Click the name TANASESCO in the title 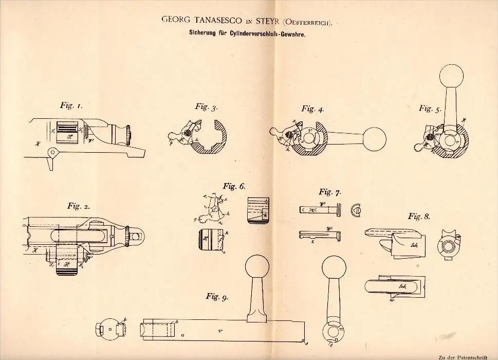pos(211,22)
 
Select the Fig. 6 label pos(233,186)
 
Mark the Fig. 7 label pos(329,192)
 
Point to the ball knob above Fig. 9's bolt pos(256,268)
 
